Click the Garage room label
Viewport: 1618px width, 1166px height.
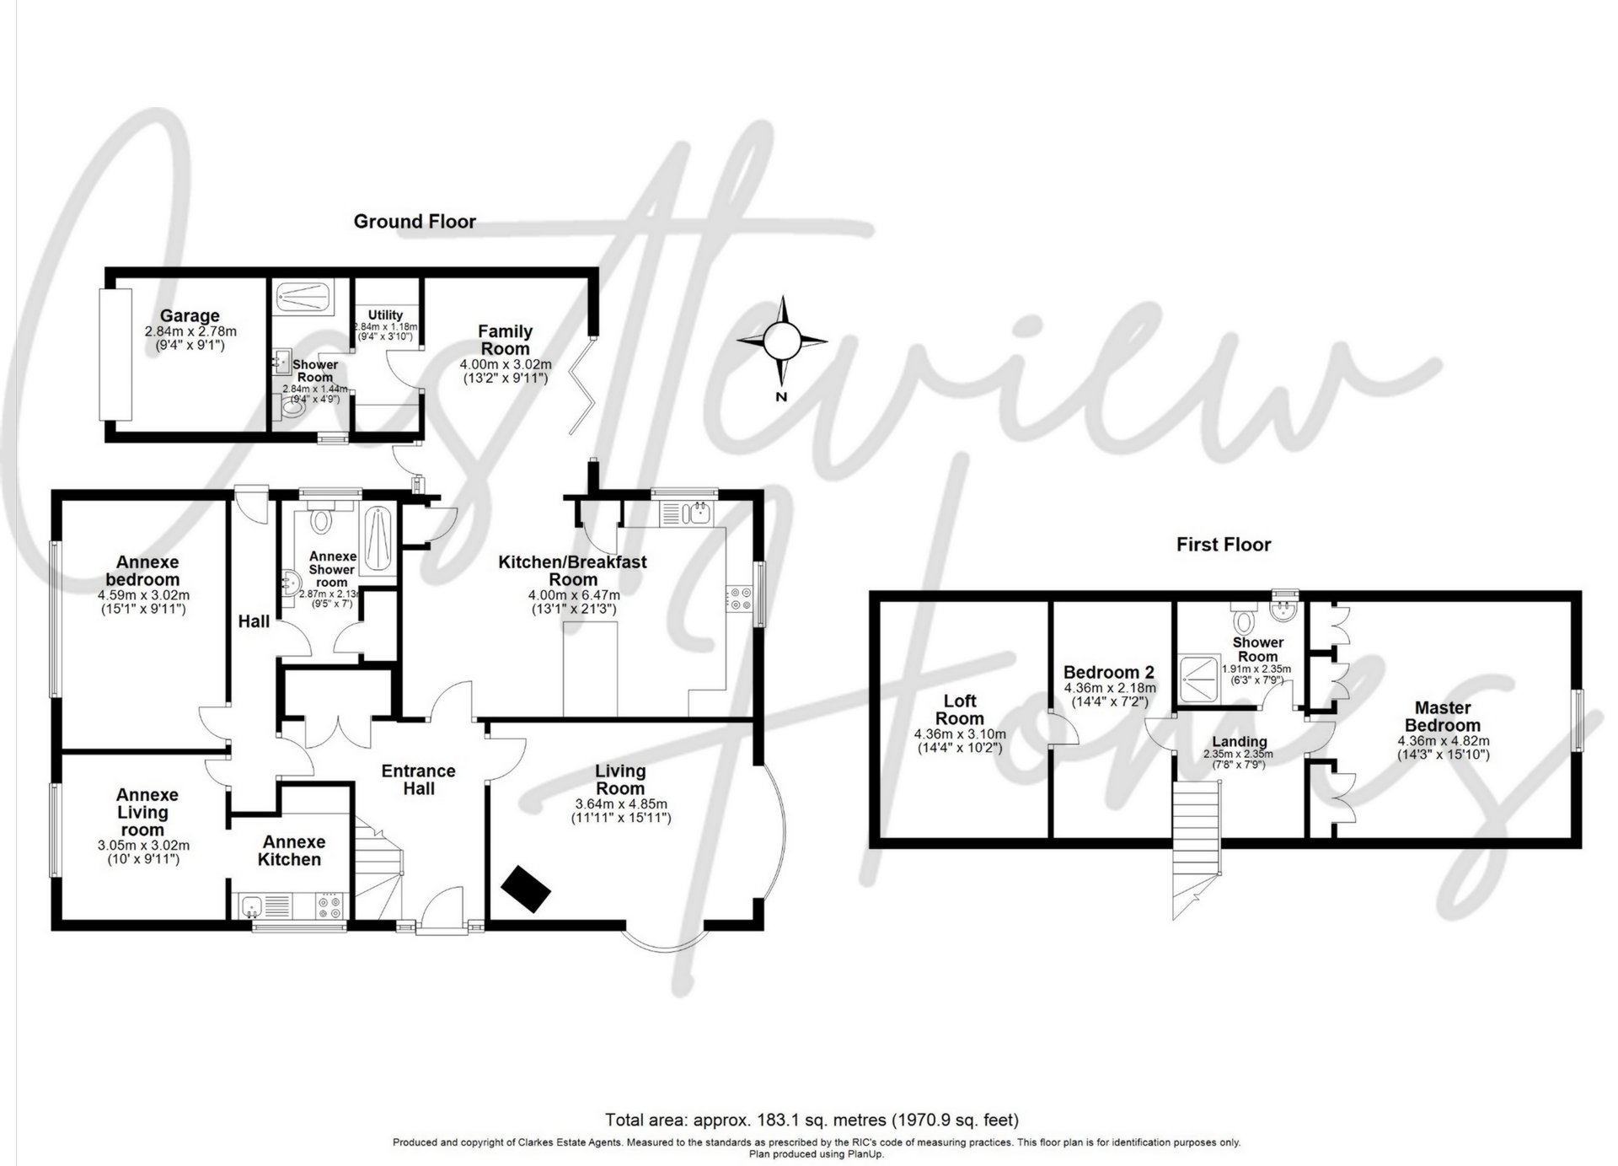pos(190,316)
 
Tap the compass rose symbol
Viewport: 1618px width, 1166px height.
pos(781,341)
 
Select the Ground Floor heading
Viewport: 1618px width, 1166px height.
pos(415,222)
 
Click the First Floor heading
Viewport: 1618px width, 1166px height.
pos(1224,545)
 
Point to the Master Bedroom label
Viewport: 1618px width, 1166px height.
pos(1443,717)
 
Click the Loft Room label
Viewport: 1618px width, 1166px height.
pos(960,709)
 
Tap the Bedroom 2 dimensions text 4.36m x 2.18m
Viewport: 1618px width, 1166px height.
pos(1109,688)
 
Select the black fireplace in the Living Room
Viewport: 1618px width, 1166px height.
pos(526,888)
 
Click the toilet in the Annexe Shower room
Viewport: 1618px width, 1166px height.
pos(320,520)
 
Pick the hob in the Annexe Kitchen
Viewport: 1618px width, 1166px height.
pos(329,906)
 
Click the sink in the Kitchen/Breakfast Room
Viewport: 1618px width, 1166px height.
pos(699,511)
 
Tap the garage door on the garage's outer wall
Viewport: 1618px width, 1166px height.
pos(116,354)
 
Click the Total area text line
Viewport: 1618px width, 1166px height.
pos(812,1120)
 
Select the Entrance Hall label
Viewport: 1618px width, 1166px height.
pos(418,779)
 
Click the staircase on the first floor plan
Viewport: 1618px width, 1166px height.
pos(1197,843)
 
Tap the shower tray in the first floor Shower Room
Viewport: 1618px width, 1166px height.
pos(1197,678)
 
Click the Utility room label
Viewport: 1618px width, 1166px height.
pos(385,315)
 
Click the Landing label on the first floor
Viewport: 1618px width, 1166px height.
pos(1239,742)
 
